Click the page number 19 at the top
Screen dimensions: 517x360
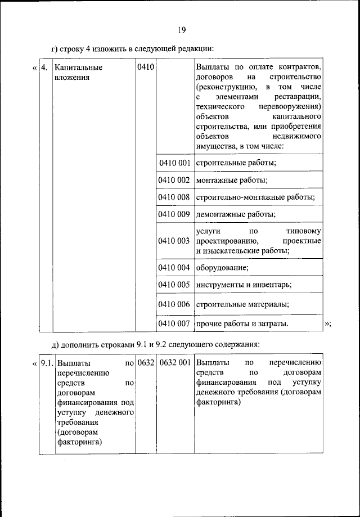[180, 30]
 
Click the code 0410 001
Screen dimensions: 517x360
[174, 163]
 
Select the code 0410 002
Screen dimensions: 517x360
[174, 180]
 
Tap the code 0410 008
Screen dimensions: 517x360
[174, 197]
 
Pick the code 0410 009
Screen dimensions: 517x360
[174, 214]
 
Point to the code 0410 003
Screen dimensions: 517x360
[174, 241]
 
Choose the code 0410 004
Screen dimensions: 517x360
[174, 267]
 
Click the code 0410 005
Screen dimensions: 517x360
[174, 285]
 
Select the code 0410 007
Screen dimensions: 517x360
[174, 323]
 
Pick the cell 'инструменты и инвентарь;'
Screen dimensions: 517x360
[244, 285]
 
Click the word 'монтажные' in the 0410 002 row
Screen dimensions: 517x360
[215, 180]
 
